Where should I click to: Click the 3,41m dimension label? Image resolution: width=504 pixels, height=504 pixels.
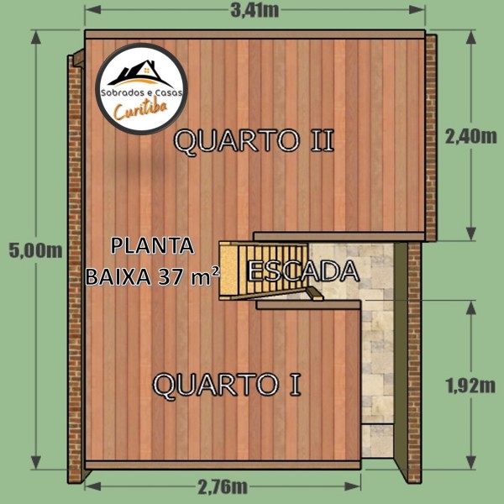pyautogui.click(x=255, y=10)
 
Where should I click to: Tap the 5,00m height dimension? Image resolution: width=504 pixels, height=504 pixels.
pyautogui.click(x=35, y=250)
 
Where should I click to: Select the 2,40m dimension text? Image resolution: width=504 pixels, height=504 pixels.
pyautogui.click(x=471, y=137)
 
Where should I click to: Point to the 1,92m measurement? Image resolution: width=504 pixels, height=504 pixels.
pyautogui.click(x=470, y=386)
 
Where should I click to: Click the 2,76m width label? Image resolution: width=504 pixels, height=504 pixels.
pyautogui.click(x=223, y=486)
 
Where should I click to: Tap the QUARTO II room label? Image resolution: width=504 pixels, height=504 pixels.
pyautogui.click(x=254, y=141)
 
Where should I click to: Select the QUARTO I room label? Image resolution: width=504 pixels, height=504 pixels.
pyautogui.click(x=227, y=385)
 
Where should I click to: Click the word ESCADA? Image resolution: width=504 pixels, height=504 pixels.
pyautogui.click(x=303, y=271)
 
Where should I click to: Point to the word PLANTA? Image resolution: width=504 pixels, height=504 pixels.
pyautogui.click(x=152, y=246)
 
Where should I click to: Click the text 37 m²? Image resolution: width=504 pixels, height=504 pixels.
pyautogui.click(x=189, y=276)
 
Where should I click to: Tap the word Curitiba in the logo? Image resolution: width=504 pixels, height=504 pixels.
pyautogui.click(x=141, y=110)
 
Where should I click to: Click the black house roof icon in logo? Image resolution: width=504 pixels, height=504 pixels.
pyautogui.click(x=140, y=73)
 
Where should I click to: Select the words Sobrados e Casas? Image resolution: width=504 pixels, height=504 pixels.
pyautogui.click(x=142, y=93)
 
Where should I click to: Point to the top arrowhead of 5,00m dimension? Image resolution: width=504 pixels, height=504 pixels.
pyautogui.click(x=36, y=37)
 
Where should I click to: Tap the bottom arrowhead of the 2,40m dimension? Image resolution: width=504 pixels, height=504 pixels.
pyautogui.click(x=471, y=234)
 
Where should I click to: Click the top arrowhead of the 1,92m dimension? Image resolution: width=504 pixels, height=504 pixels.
pyautogui.click(x=471, y=308)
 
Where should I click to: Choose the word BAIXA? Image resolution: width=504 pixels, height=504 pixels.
pyautogui.click(x=118, y=276)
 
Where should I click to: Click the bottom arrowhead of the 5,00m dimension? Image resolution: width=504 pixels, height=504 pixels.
pyautogui.click(x=36, y=462)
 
